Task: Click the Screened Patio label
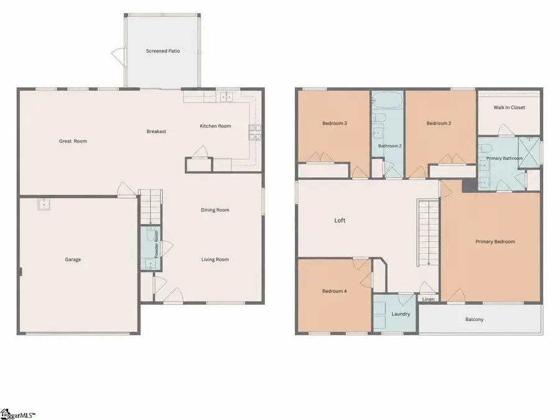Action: (163, 51)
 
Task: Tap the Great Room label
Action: (73, 141)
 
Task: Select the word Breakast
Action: (156, 131)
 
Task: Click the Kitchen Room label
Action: (215, 126)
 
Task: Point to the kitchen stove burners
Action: (255, 132)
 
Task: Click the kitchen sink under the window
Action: (226, 96)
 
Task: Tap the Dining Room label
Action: (215, 210)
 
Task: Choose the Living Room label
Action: (215, 259)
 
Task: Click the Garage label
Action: (73, 259)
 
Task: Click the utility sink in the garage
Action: (44, 205)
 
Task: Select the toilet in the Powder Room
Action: (151, 234)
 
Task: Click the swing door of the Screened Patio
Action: (118, 55)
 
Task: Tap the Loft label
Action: (340, 220)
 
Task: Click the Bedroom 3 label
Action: (335, 124)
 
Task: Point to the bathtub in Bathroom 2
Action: (388, 100)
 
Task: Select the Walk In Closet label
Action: (509, 108)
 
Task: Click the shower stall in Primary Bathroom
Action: (529, 152)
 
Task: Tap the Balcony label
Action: (474, 320)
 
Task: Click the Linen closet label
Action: (428, 299)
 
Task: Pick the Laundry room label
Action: (401, 314)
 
